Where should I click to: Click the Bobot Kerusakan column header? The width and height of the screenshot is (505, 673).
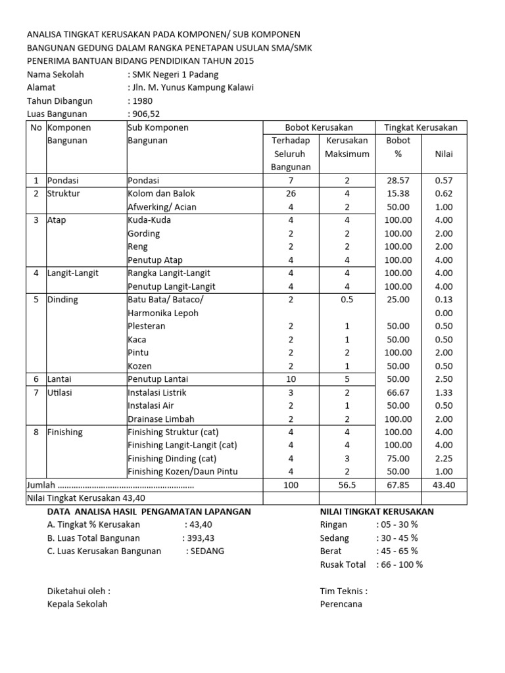319,127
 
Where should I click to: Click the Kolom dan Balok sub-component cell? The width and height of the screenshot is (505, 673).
161,193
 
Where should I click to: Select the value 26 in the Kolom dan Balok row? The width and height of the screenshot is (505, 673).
291,193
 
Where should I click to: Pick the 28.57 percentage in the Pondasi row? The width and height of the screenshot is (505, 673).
398,180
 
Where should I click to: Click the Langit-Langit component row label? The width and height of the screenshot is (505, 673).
72,273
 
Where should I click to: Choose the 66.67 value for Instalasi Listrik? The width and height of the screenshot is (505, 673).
398,392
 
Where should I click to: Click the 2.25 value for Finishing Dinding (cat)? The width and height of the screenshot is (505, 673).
444,458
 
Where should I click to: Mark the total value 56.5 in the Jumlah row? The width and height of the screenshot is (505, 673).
347,485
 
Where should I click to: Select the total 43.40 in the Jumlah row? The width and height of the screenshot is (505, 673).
444,485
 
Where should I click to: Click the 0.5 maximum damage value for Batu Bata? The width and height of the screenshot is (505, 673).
347,300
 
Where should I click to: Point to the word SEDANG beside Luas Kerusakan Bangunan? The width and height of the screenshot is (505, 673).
207,551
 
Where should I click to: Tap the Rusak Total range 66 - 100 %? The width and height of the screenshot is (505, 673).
400,564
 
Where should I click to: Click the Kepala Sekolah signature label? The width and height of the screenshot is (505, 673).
77,604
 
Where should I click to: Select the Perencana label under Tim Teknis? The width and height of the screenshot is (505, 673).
341,604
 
